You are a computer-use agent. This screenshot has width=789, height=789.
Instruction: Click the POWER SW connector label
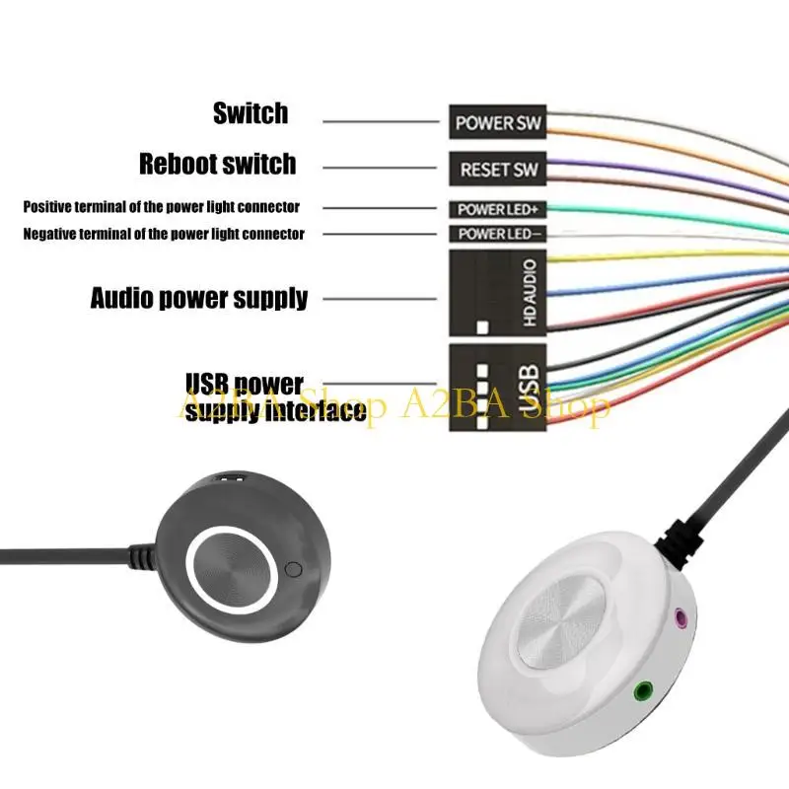[498, 123]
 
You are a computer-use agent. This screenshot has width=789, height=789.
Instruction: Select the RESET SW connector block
[498, 170]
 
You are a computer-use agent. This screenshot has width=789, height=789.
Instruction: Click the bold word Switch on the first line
[251, 113]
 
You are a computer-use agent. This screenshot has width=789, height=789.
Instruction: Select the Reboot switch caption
[217, 163]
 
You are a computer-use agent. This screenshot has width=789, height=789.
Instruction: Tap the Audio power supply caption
[199, 297]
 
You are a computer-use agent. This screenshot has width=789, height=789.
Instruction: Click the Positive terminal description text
[161, 207]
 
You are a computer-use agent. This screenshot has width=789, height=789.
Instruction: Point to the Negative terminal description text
[163, 234]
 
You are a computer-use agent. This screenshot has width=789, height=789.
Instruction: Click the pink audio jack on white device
[680, 619]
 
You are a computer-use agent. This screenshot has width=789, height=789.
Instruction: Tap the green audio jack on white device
[643, 690]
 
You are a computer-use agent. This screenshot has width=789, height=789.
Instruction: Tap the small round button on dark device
[292, 569]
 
